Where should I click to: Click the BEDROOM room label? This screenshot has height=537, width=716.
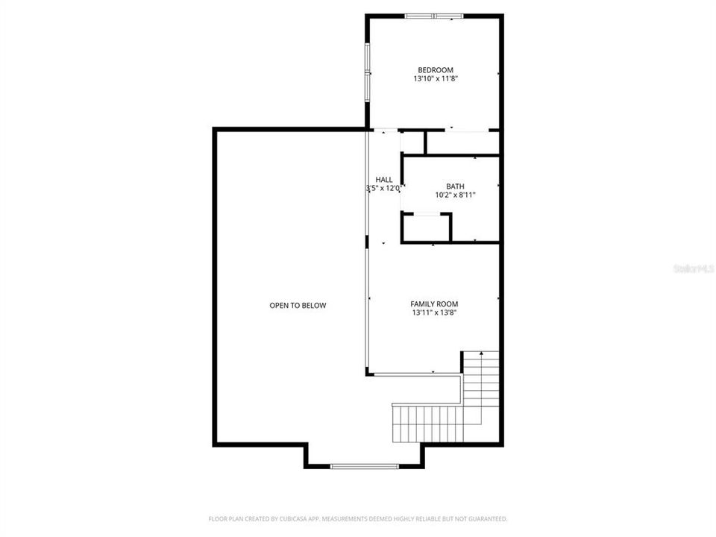point(435,70)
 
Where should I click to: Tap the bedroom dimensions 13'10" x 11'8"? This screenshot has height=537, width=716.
point(435,78)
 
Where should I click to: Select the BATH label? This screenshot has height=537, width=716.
point(454,186)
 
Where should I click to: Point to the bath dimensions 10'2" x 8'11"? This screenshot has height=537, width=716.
point(454,195)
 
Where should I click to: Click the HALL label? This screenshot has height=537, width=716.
point(384,180)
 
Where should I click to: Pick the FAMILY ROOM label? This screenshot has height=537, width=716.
point(434,304)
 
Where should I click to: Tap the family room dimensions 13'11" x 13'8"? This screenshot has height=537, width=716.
point(434,313)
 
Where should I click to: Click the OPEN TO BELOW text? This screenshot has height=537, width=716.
point(298,305)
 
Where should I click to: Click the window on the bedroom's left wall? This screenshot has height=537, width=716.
point(366,72)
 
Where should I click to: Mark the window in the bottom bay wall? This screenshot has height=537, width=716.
point(365,466)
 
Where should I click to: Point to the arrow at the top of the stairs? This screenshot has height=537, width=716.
point(482,353)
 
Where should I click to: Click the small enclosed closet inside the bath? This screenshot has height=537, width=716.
point(426,227)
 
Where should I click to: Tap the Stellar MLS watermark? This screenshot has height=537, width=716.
point(693,267)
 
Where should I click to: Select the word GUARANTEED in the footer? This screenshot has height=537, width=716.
point(487,518)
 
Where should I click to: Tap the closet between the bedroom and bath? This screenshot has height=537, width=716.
point(462,142)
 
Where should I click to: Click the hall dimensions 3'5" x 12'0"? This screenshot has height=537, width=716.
point(385,189)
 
